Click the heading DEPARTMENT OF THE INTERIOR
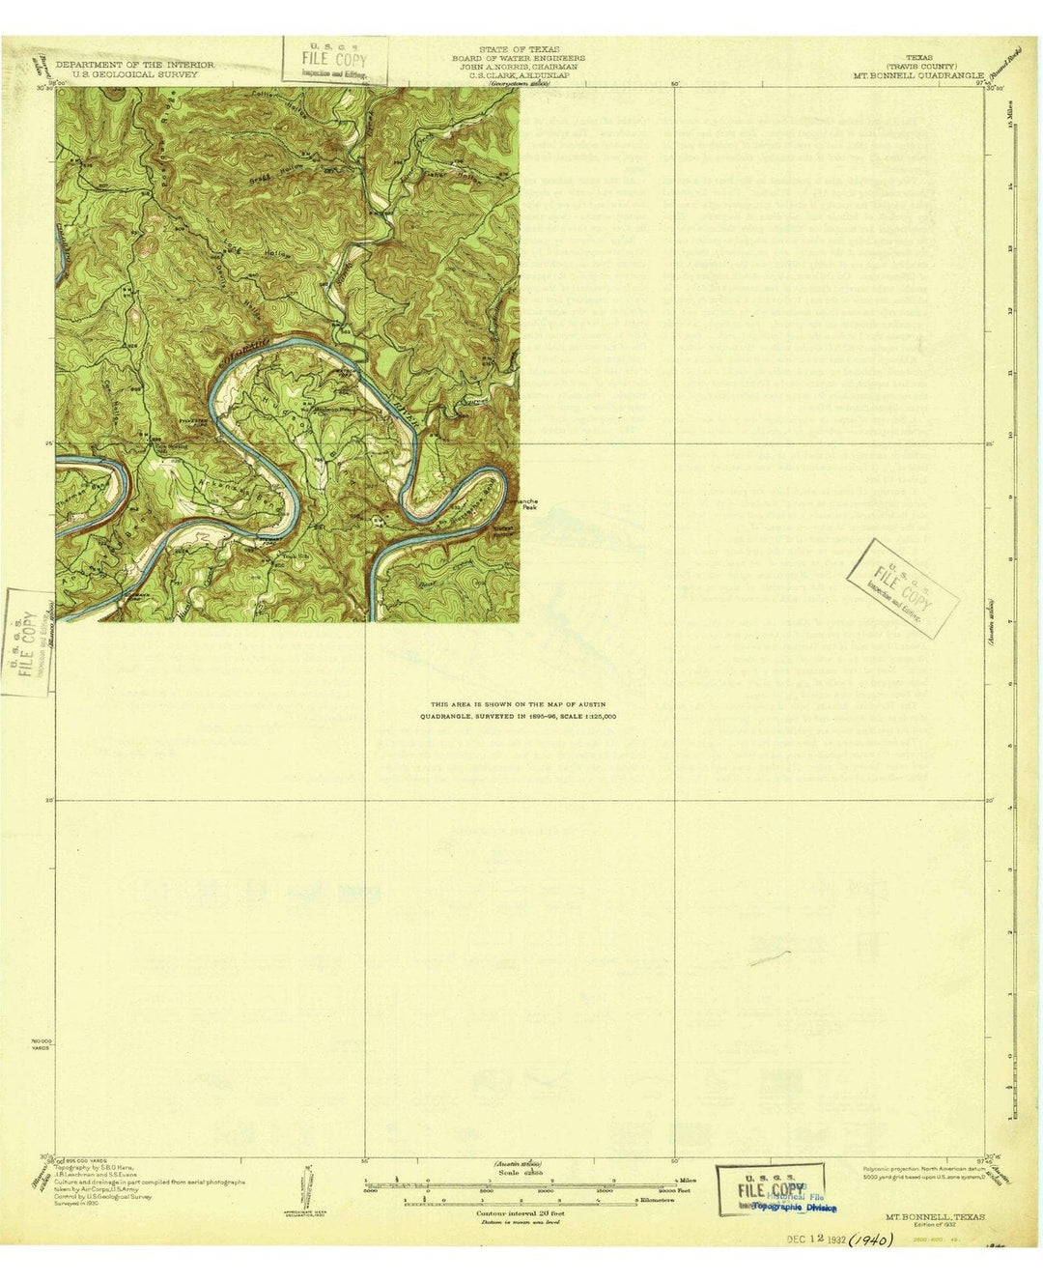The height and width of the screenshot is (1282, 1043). tap(134, 65)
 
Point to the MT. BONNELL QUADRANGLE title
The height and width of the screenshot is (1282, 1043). tap(918, 73)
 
